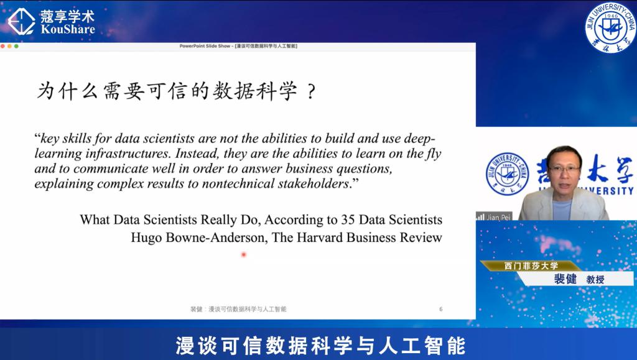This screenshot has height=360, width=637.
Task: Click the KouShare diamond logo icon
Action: pyautogui.click(x=21, y=22)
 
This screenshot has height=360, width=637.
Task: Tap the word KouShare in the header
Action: pyautogui.click(x=68, y=29)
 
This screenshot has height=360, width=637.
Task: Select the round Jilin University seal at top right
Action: pyautogui.click(x=610, y=27)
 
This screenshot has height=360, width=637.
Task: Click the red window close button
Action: pyautogui.click(x=3, y=46)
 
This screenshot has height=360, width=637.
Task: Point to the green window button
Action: pyautogui.click(x=16, y=46)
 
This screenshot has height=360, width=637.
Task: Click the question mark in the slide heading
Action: pyautogui.click(x=311, y=91)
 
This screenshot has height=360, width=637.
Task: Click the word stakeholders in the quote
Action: pyautogui.click(x=314, y=183)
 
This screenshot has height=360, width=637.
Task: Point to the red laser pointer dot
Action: pyautogui.click(x=244, y=254)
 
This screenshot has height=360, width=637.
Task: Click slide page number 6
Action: pyautogui.click(x=441, y=309)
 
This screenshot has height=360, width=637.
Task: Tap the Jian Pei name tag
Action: pyautogui.click(x=494, y=217)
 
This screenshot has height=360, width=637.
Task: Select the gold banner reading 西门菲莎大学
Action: pyautogui.click(x=531, y=266)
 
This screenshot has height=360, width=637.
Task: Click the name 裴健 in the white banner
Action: pyautogui.click(x=565, y=279)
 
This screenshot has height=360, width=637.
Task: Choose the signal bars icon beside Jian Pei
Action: pyautogui.click(x=481, y=217)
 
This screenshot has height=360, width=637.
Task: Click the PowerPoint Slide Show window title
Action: pyautogui.click(x=238, y=46)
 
